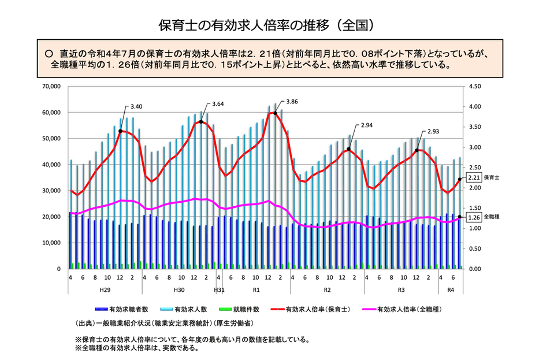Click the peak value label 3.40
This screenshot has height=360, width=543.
pyautogui.click(x=137, y=107)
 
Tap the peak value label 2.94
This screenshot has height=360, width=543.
pyautogui.click(x=367, y=125)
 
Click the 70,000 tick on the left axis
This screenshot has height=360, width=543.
pyautogui.click(x=52, y=87)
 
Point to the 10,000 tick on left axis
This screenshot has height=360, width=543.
pyautogui.click(x=52, y=243)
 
